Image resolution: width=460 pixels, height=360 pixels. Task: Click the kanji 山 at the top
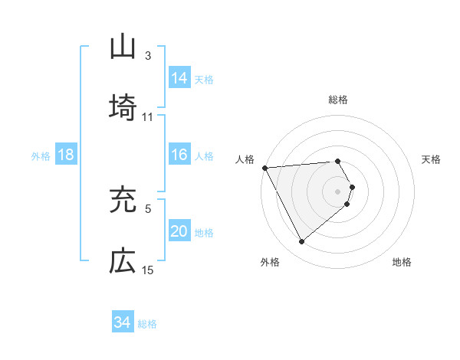click(123, 47)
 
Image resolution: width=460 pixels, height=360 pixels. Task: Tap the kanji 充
click(123, 199)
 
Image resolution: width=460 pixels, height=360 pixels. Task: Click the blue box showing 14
click(179, 77)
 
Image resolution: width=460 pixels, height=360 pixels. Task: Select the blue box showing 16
click(179, 155)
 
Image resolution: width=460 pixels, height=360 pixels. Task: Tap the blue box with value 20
click(179, 231)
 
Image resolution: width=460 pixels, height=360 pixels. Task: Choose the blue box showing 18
click(66, 155)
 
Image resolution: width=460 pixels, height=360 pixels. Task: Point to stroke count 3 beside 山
click(148, 56)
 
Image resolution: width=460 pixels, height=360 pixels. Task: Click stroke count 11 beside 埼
click(148, 117)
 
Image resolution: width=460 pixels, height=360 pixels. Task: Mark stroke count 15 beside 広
click(148, 270)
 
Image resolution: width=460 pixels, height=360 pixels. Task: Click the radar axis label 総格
click(338, 100)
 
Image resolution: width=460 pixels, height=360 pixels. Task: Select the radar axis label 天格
click(432, 159)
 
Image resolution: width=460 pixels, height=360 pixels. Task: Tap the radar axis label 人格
click(245, 159)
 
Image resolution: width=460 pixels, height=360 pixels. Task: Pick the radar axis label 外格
click(270, 262)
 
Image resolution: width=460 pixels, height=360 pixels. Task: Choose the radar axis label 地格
click(402, 262)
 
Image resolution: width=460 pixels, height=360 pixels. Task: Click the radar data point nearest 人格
click(264, 167)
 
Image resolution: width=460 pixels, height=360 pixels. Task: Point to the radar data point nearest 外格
click(301, 242)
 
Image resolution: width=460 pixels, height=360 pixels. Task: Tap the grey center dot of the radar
click(338, 191)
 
